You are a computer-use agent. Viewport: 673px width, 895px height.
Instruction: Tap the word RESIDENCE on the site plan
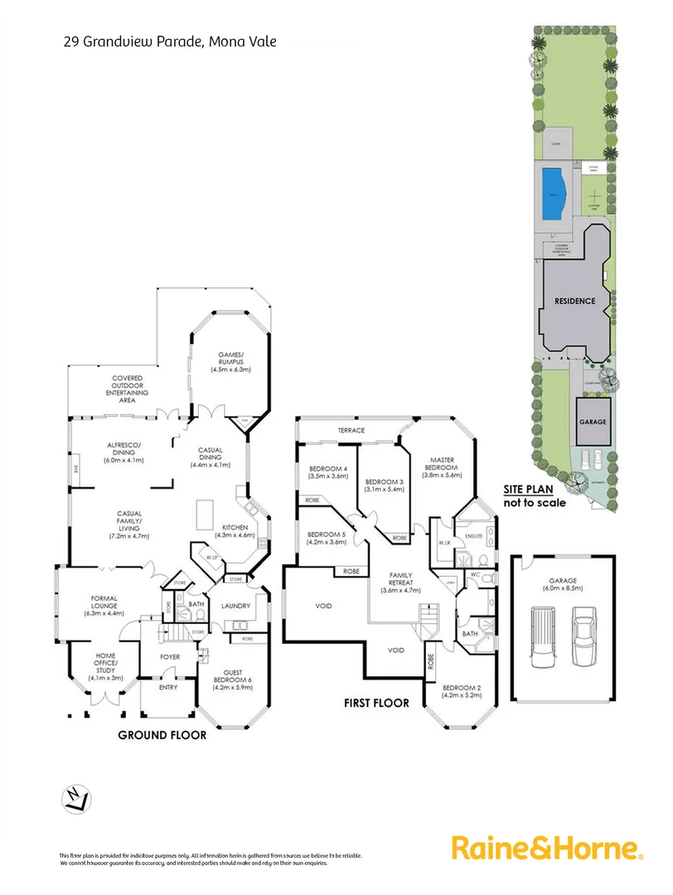(574, 301)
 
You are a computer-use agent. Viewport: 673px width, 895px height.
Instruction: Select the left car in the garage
(541, 636)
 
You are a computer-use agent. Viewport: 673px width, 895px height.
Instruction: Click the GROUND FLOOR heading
(162, 734)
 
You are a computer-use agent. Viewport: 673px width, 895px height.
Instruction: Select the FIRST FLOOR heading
(376, 703)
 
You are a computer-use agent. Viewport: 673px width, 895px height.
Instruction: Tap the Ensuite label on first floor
(474, 537)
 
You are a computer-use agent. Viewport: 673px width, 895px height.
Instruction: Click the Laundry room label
(235, 607)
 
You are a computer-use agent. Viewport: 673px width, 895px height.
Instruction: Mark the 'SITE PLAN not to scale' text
(535, 496)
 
